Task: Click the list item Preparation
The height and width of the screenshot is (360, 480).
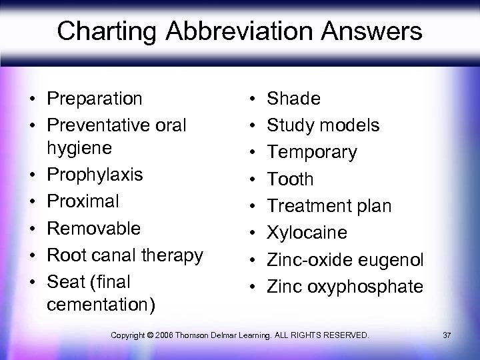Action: [x=94, y=99]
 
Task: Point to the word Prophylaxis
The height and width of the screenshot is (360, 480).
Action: [x=94, y=175]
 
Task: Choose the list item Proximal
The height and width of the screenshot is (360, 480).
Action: [x=83, y=201]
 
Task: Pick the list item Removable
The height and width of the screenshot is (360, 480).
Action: [x=93, y=228]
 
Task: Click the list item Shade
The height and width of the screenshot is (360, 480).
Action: [x=293, y=99]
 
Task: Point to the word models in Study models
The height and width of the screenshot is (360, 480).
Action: [x=350, y=125]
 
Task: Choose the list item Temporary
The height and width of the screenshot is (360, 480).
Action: [x=311, y=152]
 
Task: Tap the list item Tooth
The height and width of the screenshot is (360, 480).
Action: [x=290, y=179]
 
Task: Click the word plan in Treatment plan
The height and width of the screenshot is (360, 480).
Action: [x=374, y=206]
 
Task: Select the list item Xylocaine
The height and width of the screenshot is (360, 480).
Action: [x=307, y=233]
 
